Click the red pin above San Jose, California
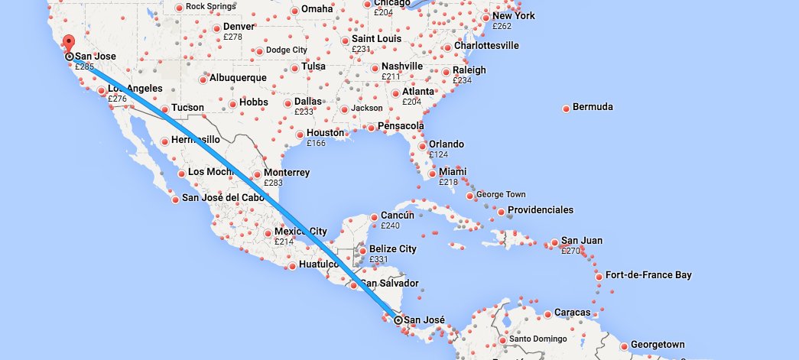point(67,43)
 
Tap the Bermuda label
point(593,107)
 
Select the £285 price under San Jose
point(84,66)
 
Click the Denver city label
point(239,27)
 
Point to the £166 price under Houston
point(316,143)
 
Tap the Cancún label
point(397,216)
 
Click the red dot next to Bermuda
point(566,109)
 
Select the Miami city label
point(453,171)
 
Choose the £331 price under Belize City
point(379,259)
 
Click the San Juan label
point(581,241)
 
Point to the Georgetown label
point(658,345)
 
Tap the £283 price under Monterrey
point(274,183)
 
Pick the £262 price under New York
point(502,26)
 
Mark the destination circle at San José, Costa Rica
point(398,320)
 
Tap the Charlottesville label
point(486,46)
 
